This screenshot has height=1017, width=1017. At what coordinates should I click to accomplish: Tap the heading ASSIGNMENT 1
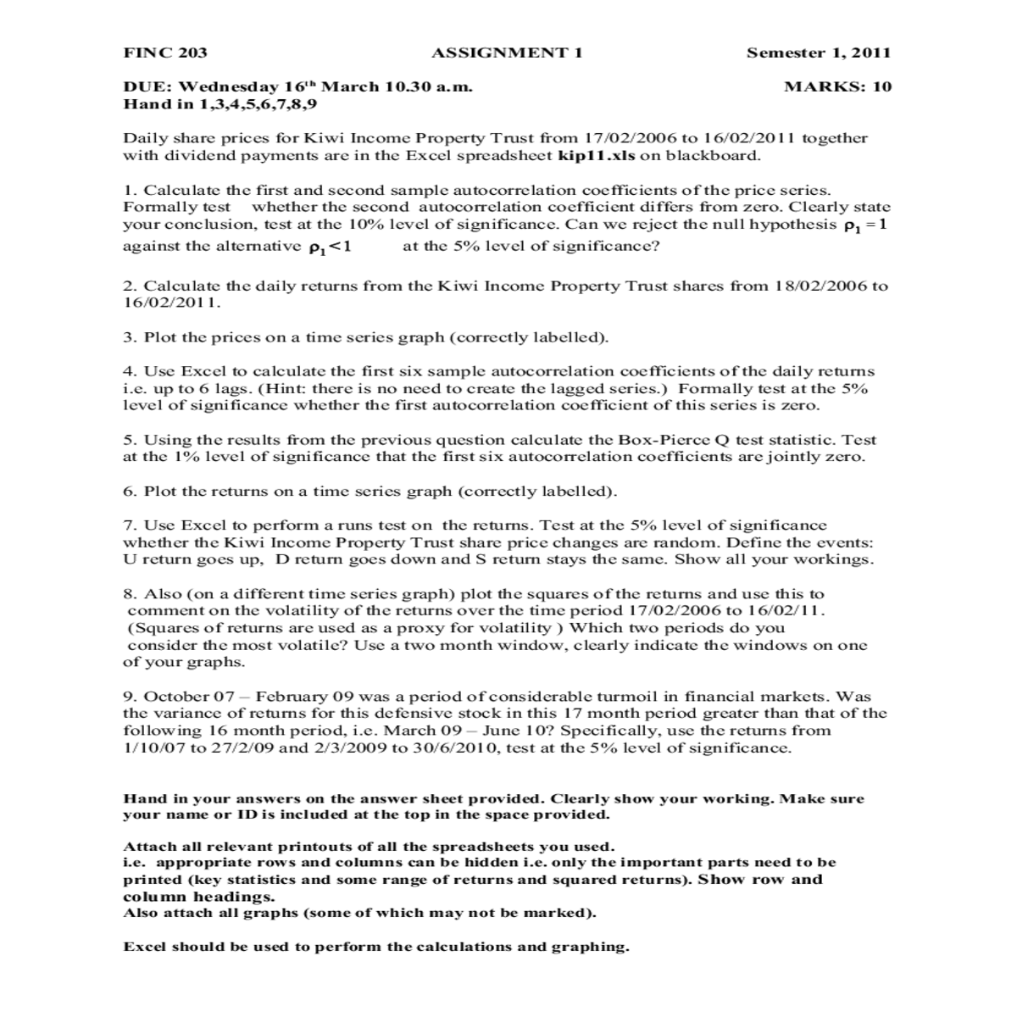pyautogui.click(x=507, y=53)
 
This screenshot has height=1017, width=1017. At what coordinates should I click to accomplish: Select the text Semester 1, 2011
pyautogui.click(x=819, y=53)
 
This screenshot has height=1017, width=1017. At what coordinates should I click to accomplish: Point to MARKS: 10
pyautogui.click(x=838, y=86)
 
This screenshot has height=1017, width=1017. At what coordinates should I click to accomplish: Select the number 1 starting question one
pyautogui.click(x=127, y=190)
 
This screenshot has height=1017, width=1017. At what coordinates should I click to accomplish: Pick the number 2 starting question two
pyautogui.click(x=128, y=286)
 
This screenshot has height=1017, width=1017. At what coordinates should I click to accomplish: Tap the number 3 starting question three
pyautogui.click(x=128, y=336)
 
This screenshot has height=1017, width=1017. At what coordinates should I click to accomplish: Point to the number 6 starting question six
pyautogui.click(x=128, y=491)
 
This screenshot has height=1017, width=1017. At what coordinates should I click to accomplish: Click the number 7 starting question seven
pyautogui.click(x=128, y=525)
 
